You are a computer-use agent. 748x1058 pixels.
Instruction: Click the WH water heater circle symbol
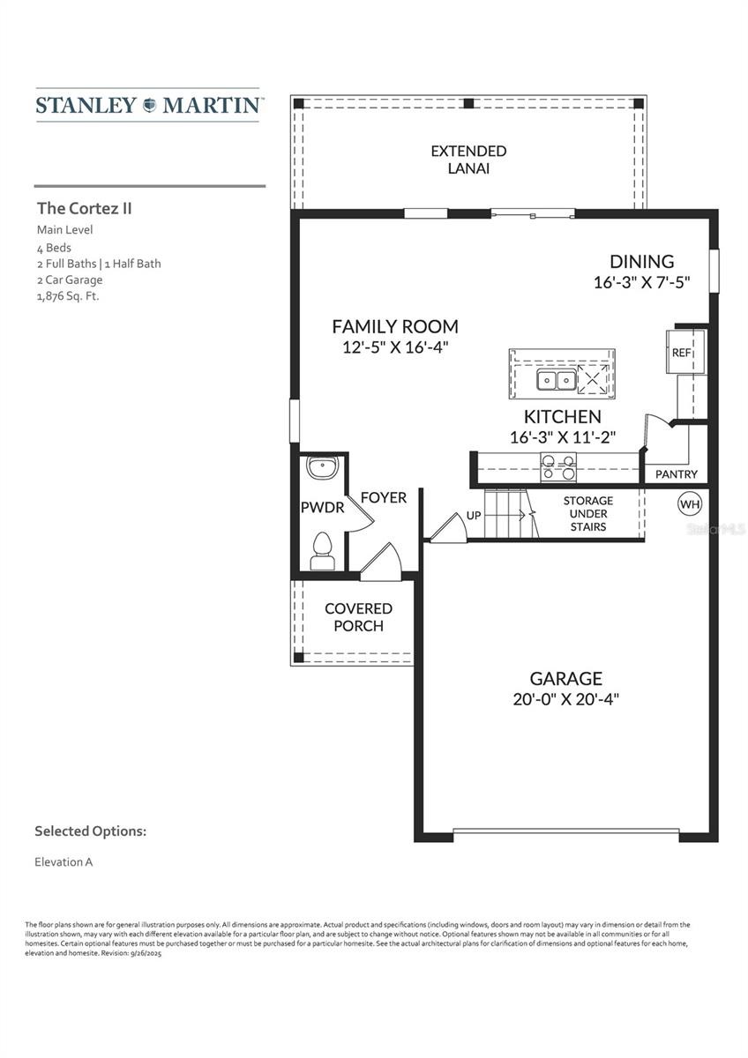[689, 504]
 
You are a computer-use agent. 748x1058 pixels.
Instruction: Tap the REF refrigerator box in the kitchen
[683, 352]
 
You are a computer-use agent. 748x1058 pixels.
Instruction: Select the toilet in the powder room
[322, 551]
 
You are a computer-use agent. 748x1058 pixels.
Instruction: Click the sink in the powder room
[321, 467]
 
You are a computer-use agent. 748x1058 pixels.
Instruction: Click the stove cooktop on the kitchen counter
[557, 467]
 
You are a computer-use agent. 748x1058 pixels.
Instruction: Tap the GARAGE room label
[565, 678]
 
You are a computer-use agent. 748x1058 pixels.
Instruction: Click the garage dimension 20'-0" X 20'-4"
[565, 698]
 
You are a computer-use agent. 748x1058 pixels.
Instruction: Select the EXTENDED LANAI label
[468, 160]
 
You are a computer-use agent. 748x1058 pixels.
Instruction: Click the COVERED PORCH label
[358, 617]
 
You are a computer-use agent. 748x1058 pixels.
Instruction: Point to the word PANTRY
[677, 474]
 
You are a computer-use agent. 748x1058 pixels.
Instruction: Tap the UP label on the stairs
[474, 515]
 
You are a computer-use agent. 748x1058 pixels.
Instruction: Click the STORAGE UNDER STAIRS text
[588, 513]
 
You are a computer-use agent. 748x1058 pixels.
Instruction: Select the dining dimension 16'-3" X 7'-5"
[641, 282]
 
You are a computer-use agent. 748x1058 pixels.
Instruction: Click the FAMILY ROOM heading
[395, 326]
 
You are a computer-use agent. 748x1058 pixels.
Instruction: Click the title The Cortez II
[85, 209]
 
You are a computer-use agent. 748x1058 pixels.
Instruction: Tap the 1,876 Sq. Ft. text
[68, 296]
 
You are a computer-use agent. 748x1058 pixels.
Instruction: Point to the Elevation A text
[64, 861]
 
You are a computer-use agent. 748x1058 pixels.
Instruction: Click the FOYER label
[384, 497]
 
